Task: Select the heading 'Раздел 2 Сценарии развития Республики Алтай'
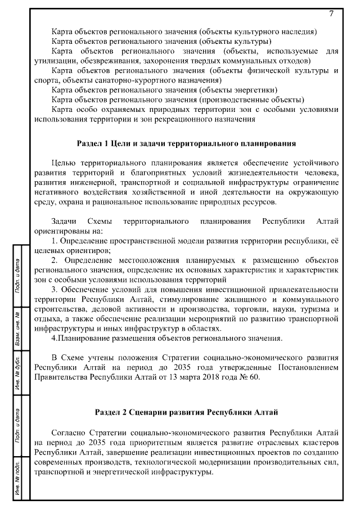tap(186, 413)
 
